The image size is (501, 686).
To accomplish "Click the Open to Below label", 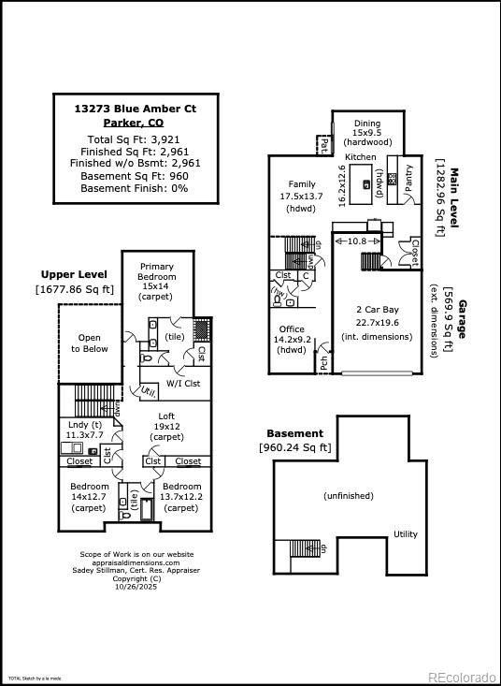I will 90,343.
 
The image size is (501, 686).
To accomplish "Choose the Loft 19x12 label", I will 166,427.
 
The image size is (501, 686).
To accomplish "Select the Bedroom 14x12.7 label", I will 90,497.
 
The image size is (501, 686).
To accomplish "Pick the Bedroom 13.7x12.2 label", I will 181,497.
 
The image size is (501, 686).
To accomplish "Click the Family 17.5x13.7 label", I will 301,197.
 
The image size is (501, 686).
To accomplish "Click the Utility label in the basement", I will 405,533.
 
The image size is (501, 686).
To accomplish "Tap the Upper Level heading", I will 74,274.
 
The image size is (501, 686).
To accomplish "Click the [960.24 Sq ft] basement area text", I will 294,447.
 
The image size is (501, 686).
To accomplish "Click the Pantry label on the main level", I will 408,179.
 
